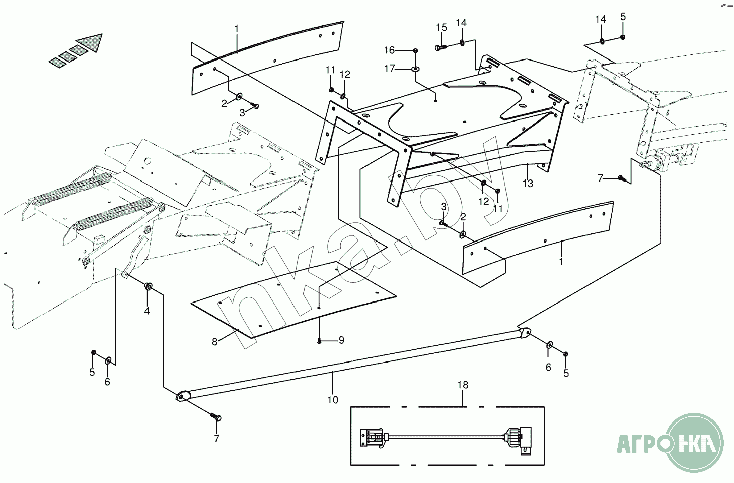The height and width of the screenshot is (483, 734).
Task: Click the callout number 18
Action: pos(463,385)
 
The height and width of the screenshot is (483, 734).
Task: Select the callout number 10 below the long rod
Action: pos(333,400)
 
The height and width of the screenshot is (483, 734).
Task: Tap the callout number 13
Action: pos(528,184)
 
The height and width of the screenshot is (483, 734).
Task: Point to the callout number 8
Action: pos(215,342)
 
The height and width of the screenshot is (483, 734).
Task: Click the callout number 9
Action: pos(341,340)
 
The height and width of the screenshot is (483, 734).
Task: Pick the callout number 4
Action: pos(147,311)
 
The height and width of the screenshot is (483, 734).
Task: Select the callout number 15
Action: pos(442,27)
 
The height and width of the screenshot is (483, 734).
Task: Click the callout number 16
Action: pos(390,50)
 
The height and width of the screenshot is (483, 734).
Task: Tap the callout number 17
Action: pos(390,68)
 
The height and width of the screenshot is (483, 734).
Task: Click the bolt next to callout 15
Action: pos(439,47)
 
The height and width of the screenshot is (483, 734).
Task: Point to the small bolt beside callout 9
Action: pos(320,341)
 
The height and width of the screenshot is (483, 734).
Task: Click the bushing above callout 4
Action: pos(149,287)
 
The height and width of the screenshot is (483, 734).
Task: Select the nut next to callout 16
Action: pos(415,50)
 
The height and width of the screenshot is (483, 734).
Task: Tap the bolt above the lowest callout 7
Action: pos(216,417)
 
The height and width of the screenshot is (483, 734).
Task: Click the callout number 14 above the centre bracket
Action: pos(461,23)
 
